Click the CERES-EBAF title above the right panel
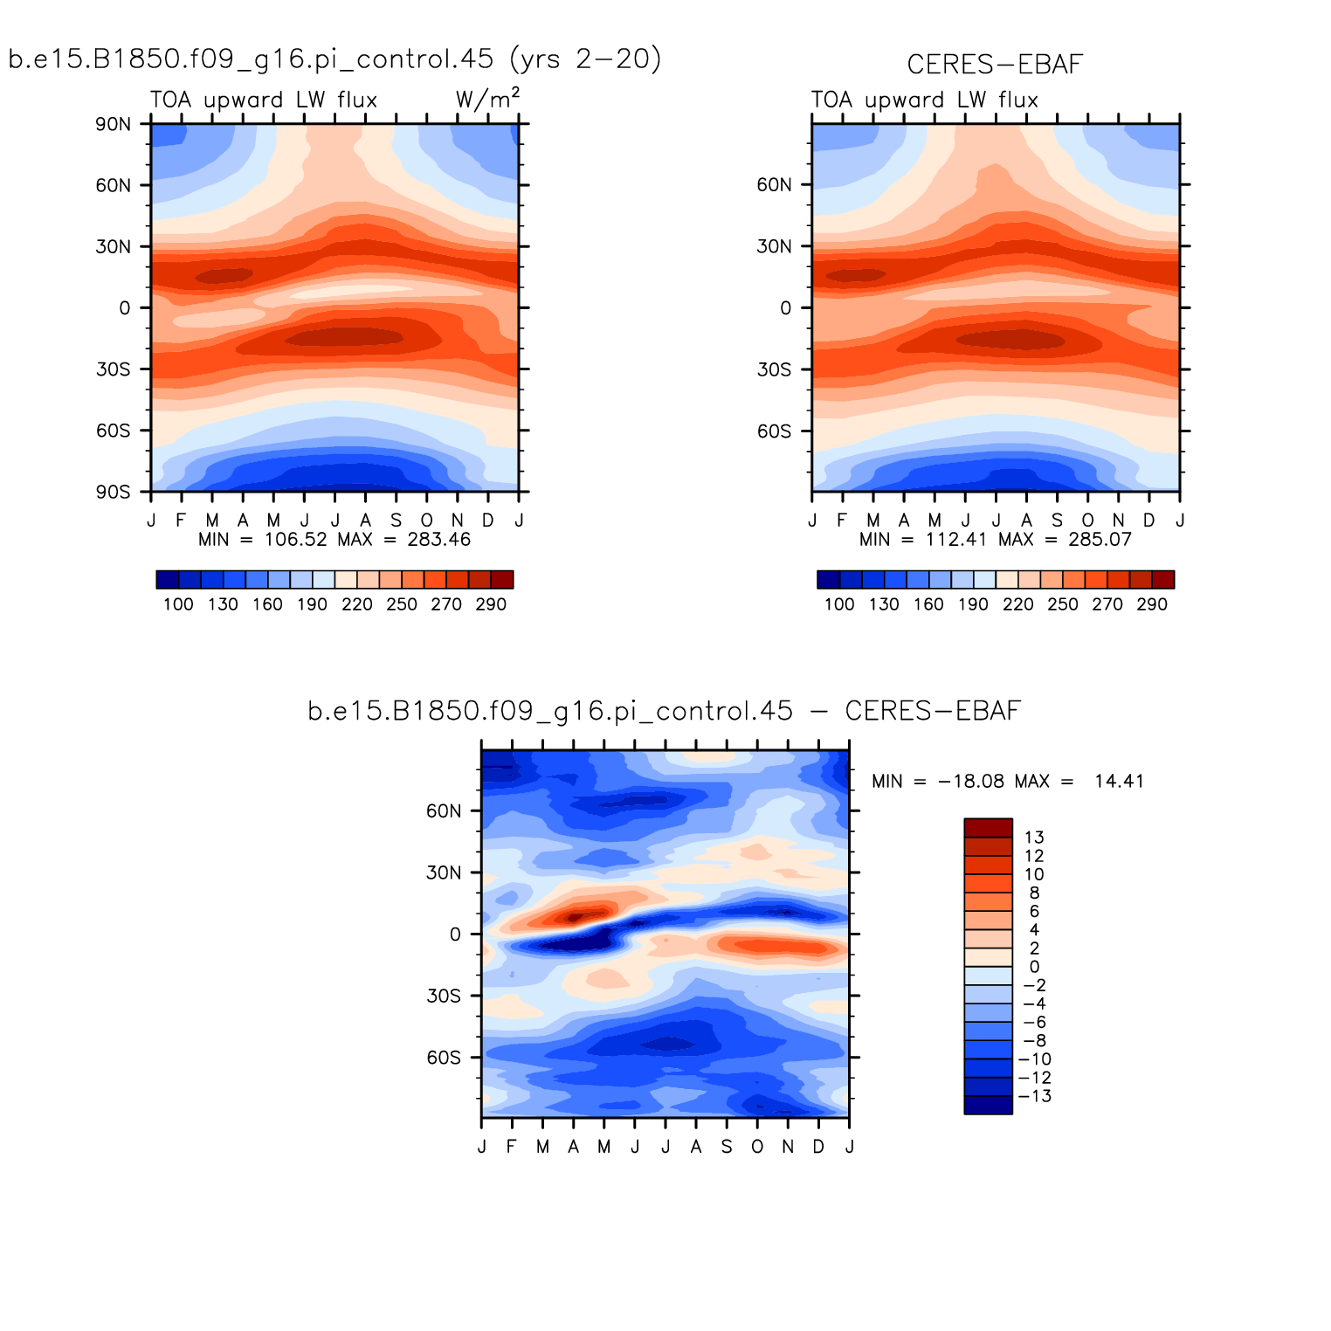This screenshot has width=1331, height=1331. (995, 65)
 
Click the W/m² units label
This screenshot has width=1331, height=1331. (487, 99)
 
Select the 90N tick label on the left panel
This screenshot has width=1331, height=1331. (114, 124)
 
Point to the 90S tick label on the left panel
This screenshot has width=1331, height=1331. (114, 492)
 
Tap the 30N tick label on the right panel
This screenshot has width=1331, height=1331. (775, 246)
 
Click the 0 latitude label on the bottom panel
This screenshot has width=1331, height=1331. (455, 934)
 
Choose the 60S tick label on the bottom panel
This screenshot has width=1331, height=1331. (444, 1058)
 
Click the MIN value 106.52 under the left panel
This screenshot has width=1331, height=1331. (296, 540)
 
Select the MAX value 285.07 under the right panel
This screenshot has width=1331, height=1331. (1100, 540)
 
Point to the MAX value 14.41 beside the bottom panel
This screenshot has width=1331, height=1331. (1119, 782)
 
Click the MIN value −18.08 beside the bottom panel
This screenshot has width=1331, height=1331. (971, 782)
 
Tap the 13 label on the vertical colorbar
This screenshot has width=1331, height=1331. (1034, 838)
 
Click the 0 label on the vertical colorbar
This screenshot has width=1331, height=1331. (1034, 967)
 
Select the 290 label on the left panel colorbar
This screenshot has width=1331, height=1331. (491, 604)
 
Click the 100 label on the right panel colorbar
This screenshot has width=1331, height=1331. (839, 604)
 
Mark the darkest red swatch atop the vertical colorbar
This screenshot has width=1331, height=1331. (988, 827)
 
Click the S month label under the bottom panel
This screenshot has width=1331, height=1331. (727, 1147)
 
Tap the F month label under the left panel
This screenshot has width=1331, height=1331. (181, 521)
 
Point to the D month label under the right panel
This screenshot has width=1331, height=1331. (1149, 521)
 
